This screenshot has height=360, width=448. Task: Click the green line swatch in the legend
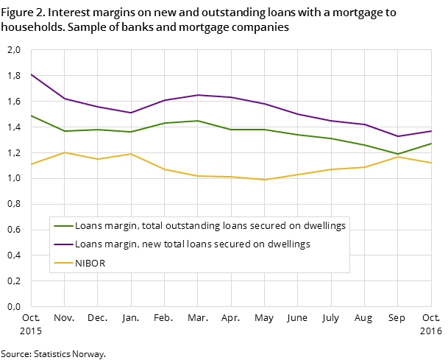63,226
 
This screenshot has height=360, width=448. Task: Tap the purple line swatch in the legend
63,244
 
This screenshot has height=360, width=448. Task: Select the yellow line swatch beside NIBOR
63,263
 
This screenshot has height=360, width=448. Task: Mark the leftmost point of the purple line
31,74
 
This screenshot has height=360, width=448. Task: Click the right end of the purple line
431,131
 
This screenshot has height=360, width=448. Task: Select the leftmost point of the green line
31,116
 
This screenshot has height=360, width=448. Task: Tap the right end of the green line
431,143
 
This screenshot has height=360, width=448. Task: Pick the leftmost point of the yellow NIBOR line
31,164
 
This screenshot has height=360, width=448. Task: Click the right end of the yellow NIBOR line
431,163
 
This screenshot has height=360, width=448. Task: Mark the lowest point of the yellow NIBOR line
264,180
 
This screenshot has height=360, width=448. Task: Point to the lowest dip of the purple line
398,136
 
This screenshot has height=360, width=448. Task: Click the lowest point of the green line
398,154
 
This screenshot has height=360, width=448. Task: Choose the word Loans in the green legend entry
88,226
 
